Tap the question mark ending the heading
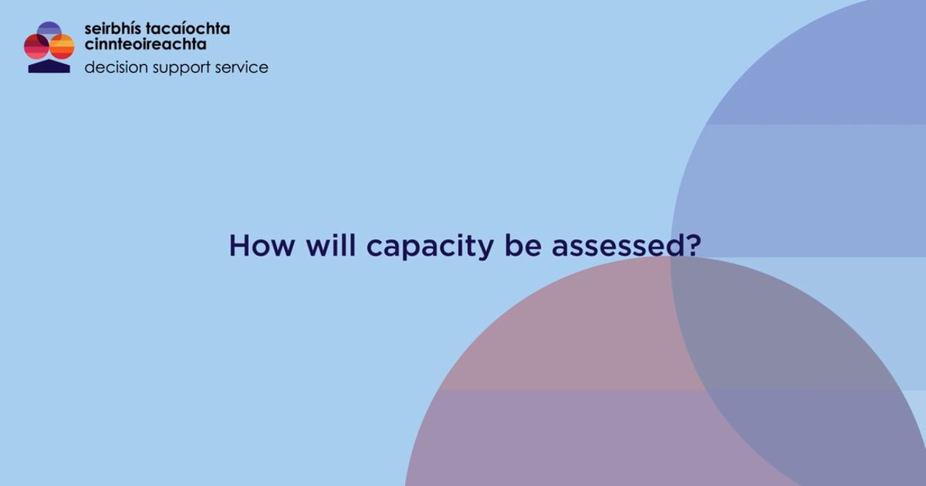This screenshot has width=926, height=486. (x=692, y=246)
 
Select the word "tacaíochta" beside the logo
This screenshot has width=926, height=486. (x=188, y=29)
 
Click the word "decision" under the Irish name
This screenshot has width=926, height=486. (x=112, y=68)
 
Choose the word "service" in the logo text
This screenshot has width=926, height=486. (x=243, y=68)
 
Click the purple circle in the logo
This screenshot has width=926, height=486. (x=49, y=29)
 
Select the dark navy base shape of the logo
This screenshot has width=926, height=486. (x=49, y=67)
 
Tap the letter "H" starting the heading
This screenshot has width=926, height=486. (x=239, y=246)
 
